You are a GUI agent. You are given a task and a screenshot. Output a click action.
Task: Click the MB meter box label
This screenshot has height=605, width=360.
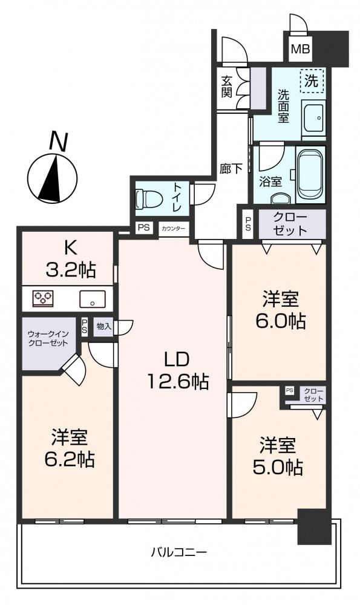pyautogui.click(x=300, y=50)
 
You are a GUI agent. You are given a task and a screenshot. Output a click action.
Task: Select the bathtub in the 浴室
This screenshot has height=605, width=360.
pyautogui.click(x=310, y=174)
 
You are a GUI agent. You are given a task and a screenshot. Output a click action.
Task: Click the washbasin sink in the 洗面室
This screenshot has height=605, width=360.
pyautogui.click(x=313, y=118)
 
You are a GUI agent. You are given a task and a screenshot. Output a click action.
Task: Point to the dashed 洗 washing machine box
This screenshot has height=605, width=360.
pyautogui.click(x=312, y=81)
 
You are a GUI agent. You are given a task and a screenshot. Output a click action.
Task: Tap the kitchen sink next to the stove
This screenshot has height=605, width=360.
pyautogui.click(x=92, y=299)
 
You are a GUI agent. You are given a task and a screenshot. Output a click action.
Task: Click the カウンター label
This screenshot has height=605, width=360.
pyautogui.click(x=173, y=229)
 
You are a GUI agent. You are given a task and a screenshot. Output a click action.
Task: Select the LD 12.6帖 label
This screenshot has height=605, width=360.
pyautogui.click(x=177, y=370)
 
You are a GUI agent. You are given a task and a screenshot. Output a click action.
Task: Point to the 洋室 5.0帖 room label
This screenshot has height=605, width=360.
pyautogui.click(x=278, y=456)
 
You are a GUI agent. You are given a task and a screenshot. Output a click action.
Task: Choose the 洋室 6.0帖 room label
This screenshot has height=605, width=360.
pyautogui.click(x=281, y=310)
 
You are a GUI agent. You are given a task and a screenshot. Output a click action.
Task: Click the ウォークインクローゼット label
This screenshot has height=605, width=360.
pyautogui.click(x=48, y=338)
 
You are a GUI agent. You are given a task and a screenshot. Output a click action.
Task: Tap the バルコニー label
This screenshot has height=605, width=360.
pyautogui.click(x=178, y=552)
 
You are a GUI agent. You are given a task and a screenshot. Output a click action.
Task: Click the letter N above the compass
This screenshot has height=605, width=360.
pyautogui.click(x=58, y=142)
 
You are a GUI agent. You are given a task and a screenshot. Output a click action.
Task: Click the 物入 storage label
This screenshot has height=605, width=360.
pyautogui.click(x=104, y=327)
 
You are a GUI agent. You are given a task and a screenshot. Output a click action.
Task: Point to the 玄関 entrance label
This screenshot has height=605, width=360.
pyautogui.click(x=226, y=87)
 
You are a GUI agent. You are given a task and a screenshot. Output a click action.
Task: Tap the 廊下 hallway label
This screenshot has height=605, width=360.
pyautogui.click(x=231, y=169)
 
